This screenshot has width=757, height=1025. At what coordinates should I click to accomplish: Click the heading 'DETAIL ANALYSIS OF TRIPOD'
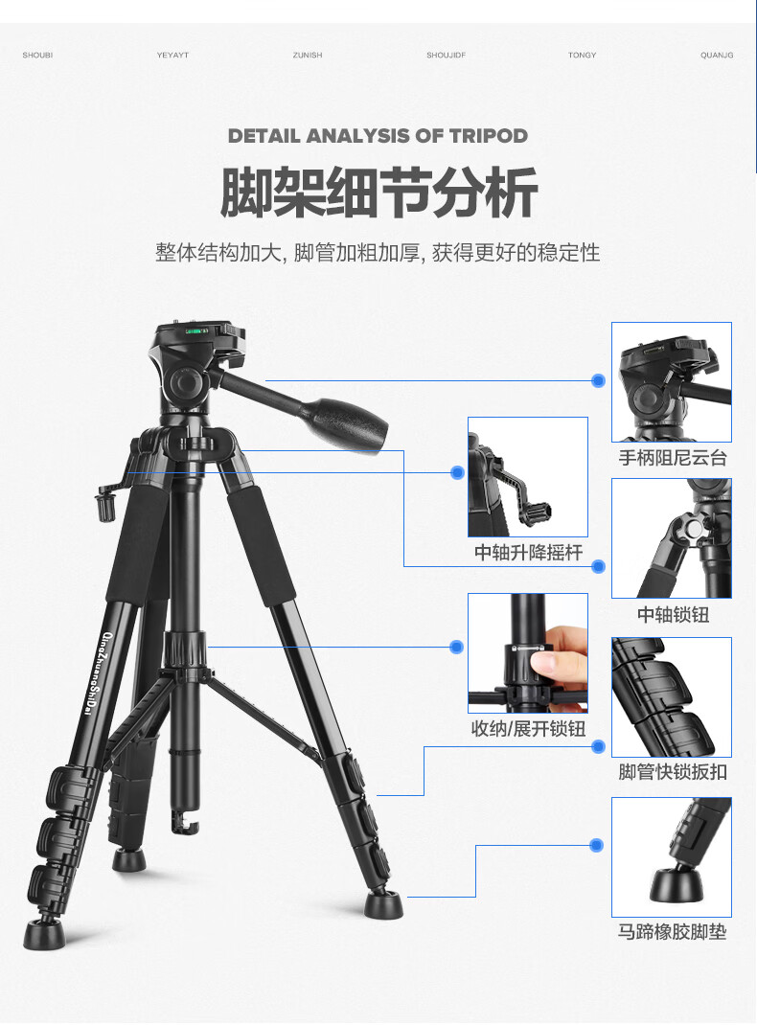[x=378, y=136]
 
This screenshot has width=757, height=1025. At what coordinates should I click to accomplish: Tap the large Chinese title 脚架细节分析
[x=378, y=193]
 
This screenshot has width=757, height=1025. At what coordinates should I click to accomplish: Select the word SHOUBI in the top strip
[x=37, y=55]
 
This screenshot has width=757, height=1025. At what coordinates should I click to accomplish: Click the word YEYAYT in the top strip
[x=172, y=55]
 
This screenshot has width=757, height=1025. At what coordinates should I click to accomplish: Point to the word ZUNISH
[x=308, y=55]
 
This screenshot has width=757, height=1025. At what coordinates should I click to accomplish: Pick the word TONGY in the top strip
[x=582, y=55]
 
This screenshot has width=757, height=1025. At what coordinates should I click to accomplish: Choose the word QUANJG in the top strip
[x=717, y=55]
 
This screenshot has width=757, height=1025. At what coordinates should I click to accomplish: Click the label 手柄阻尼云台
[x=673, y=458]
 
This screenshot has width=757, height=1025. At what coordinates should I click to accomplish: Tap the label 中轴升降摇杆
[x=528, y=553]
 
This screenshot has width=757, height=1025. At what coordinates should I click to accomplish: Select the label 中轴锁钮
[x=673, y=614]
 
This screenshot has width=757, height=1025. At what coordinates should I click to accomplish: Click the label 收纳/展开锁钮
[x=528, y=728]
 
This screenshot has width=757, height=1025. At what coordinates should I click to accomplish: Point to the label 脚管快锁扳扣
[x=673, y=772]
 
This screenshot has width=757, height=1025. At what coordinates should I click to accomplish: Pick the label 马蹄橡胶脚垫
[x=673, y=931]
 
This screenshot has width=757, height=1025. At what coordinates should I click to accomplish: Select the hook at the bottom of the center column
[x=184, y=824]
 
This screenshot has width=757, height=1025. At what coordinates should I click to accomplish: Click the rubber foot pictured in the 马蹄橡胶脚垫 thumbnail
[x=677, y=883]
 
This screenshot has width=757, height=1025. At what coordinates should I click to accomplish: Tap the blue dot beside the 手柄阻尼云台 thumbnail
[x=598, y=380]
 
